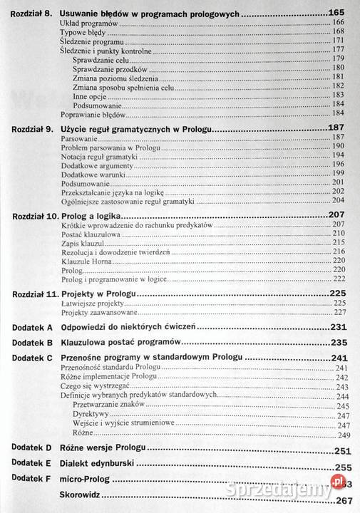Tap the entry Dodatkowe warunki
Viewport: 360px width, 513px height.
click(x=90, y=173)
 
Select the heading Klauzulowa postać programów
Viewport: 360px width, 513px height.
click(x=115, y=343)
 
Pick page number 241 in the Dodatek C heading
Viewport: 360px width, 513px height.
click(x=338, y=358)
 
